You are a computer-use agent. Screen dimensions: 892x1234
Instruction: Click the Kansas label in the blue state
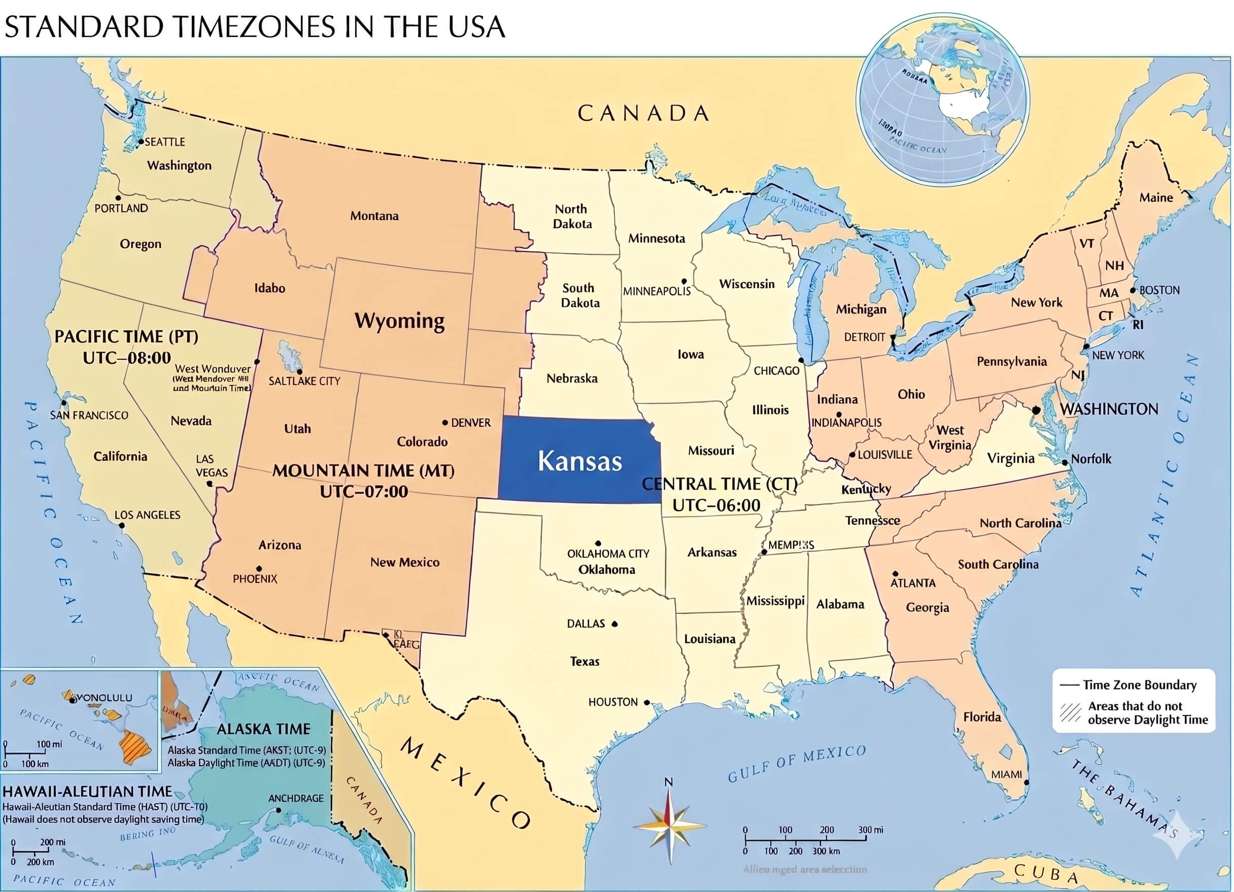pyautogui.click(x=579, y=461)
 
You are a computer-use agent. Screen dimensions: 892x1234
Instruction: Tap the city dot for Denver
pyautogui.click(x=445, y=422)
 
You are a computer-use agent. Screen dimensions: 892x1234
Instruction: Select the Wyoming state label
pyautogui.click(x=399, y=321)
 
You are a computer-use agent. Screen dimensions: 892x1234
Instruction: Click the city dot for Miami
pyautogui.click(x=1026, y=782)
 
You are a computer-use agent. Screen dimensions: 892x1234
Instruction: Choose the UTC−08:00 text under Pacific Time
pyautogui.click(x=127, y=358)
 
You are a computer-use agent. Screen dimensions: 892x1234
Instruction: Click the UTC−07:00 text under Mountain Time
pyautogui.click(x=363, y=492)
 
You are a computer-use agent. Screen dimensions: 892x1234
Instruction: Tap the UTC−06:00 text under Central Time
pyautogui.click(x=716, y=505)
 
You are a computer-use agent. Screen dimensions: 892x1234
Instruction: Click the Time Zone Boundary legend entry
pyautogui.click(x=1139, y=684)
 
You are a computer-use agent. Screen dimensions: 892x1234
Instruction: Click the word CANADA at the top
pyautogui.click(x=643, y=113)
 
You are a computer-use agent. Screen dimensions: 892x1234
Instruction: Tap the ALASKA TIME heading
pyautogui.click(x=263, y=729)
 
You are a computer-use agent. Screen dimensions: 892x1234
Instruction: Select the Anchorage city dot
pyautogui.click(x=279, y=810)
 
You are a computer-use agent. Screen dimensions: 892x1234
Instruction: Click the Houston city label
pyautogui.click(x=612, y=702)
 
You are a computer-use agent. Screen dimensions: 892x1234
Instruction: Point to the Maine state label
pyautogui.click(x=1156, y=197)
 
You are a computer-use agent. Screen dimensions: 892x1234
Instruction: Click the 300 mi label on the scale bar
pyautogui.click(x=871, y=830)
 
